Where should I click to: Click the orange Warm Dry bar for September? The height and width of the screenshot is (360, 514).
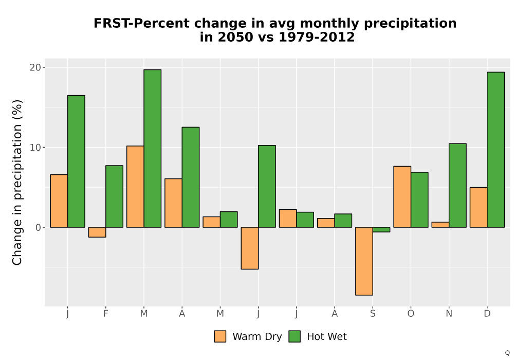pyautogui.click(x=364, y=261)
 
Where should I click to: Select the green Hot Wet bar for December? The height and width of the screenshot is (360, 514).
pyautogui.click(x=495, y=150)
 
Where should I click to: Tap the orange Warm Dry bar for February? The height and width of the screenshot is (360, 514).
pyautogui.click(x=97, y=232)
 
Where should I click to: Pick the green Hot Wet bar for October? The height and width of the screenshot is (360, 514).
pyautogui.click(x=419, y=200)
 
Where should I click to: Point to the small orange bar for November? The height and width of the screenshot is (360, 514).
pyautogui.click(x=440, y=225)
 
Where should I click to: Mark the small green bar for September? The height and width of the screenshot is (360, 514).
pyautogui.click(x=381, y=229)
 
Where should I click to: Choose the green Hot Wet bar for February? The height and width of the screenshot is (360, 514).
pyautogui.click(x=115, y=196)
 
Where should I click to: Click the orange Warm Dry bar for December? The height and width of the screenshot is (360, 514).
pyautogui.click(x=479, y=207)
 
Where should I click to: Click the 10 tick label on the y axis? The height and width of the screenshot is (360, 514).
pyautogui.click(x=35, y=148)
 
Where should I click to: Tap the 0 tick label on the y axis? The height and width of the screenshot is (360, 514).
pyautogui.click(x=39, y=227)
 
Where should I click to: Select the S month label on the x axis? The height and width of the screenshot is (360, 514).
pyautogui.click(x=373, y=314)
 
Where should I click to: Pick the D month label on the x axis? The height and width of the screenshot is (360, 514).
pyautogui.click(x=487, y=314)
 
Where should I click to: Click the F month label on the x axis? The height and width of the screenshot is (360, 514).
pyautogui.click(x=105, y=314)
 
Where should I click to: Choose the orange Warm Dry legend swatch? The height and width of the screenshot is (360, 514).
pyautogui.click(x=221, y=336)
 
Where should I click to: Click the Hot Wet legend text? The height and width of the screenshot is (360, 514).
pyautogui.click(x=327, y=336)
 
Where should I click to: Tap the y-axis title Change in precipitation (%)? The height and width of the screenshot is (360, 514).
pyautogui.click(x=17, y=182)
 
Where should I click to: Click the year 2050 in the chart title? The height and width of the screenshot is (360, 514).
pyautogui.click(x=236, y=37)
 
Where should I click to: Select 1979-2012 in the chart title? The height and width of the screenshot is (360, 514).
pyautogui.click(x=317, y=37)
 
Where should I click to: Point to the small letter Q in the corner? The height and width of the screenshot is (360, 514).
pyautogui.click(x=507, y=353)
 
